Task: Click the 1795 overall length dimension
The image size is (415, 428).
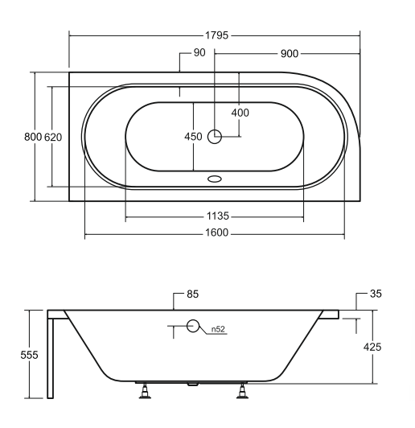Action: (x=215, y=35)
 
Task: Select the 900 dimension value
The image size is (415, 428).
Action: (x=290, y=53)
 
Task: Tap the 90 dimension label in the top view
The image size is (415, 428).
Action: (x=199, y=53)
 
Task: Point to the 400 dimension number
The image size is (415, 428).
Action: (x=240, y=112)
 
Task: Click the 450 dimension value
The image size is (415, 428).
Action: (x=194, y=137)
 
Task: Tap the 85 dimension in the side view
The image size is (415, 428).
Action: (x=193, y=294)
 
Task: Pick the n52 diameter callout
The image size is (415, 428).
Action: (x=217, y=329)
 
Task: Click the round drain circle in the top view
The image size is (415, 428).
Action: (x=215, y=137)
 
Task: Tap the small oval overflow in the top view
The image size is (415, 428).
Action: (x=215, y=180)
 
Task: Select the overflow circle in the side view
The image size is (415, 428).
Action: (x=193, y=326)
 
